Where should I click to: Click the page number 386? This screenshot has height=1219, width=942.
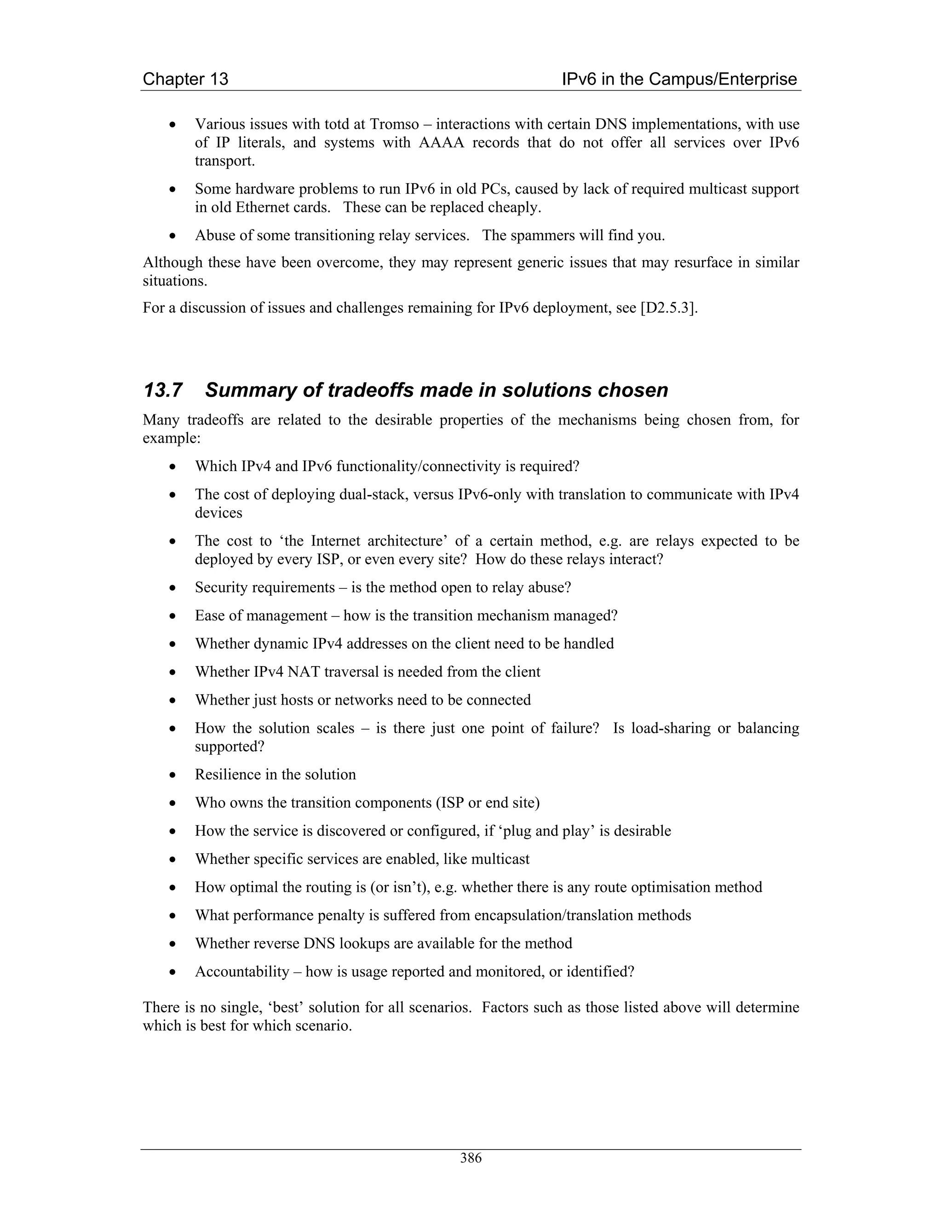point(471,1158)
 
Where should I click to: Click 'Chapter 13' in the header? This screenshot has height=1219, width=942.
point(185,79)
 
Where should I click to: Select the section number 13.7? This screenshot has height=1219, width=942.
point(163,390)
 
